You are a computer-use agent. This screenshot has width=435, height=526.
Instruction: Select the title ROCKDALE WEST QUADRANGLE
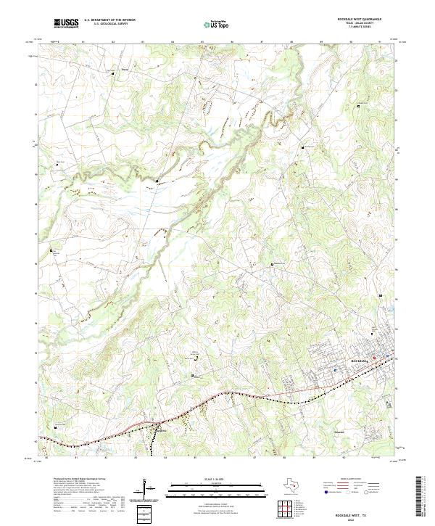[358, 19]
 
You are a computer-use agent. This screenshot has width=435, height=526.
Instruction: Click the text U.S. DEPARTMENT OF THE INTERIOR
[109, 20]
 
